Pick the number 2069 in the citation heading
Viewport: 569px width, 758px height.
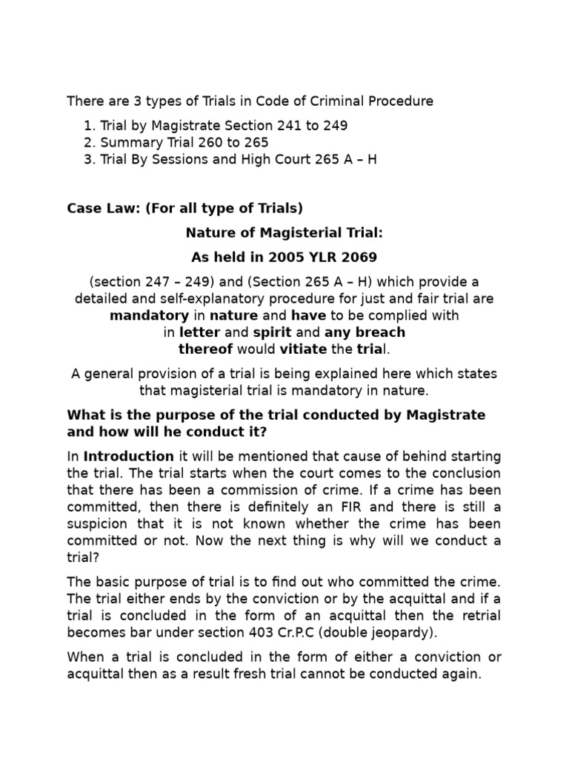359,257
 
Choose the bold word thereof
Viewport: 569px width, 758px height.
206,349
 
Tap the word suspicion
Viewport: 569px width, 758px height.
99,524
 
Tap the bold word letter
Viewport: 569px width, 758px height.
199,332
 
